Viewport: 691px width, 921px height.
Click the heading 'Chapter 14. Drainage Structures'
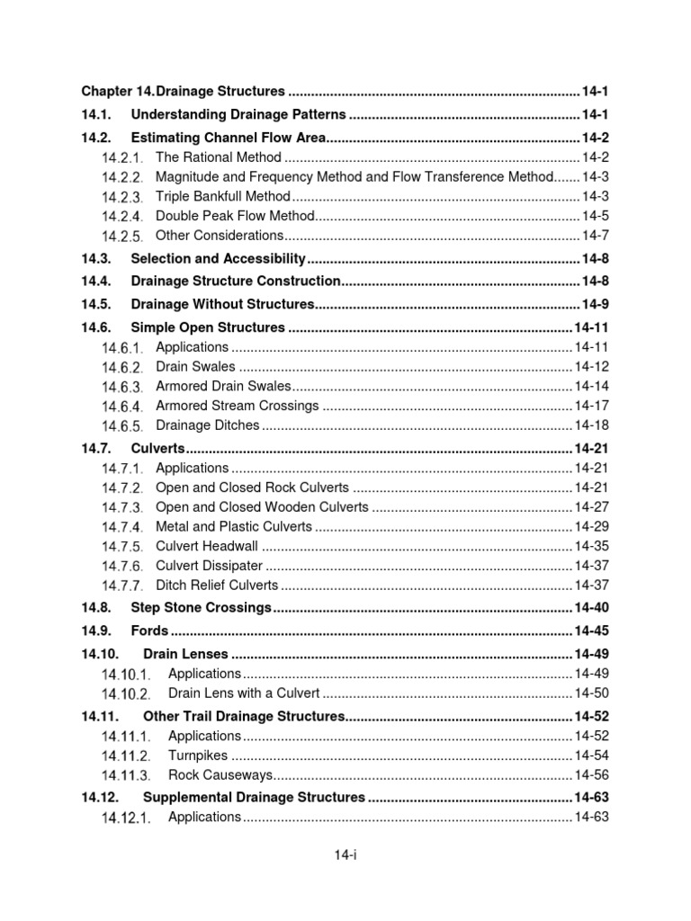pyautogui.click(x=184, y=92)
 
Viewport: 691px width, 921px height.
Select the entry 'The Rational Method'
pyautogui.click(x=219, y=157)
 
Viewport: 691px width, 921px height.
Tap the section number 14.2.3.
pyautogui.click(x=121, y=197)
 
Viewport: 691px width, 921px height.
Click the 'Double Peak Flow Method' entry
pyautogui.click(x=235, y=216)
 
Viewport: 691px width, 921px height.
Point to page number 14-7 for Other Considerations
pyautogui.click(x=595, y=236)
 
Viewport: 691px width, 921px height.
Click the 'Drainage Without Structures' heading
pyautogui.click(x=222, y=304)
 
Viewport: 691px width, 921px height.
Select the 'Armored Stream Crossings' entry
pyautogui.click(x=237, y=406)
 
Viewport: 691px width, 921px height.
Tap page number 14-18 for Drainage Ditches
pyautogui.click(x=591, y=425)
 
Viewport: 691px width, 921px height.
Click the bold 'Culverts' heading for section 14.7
pyautogui.click(x=157, y=449)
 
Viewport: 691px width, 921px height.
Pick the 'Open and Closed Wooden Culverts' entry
pyautogui.click(x=262, y=507)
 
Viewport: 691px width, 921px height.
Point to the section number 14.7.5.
pyautogui.click(x=121, y=547)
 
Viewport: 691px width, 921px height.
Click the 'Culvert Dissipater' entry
pyautogui.click(x=209, y=566)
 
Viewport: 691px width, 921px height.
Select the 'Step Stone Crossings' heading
pyautogui.click(x=201, y=608)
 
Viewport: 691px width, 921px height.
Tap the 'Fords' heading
pyautogui.click(x=149, y=630)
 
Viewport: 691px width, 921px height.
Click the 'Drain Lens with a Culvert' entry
pyautogui.click(x=243, y=693)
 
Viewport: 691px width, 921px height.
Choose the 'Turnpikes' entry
pyautogui.click(x=198, y=756)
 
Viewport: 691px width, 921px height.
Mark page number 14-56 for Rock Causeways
pyautogui.click(x=591, y=775)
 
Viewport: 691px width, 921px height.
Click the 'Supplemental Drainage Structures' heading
pyautogui.click(x=254, y=797)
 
